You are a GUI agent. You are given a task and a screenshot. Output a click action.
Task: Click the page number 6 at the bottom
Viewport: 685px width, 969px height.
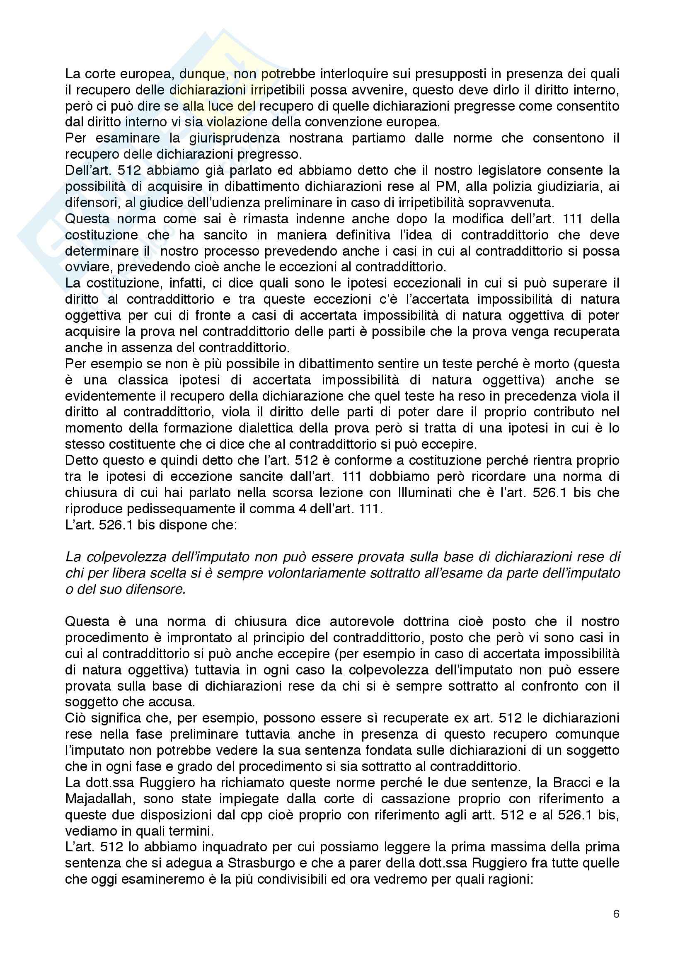[616, 926]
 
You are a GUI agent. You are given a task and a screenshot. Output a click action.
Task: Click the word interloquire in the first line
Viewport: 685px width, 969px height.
[341, 74]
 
